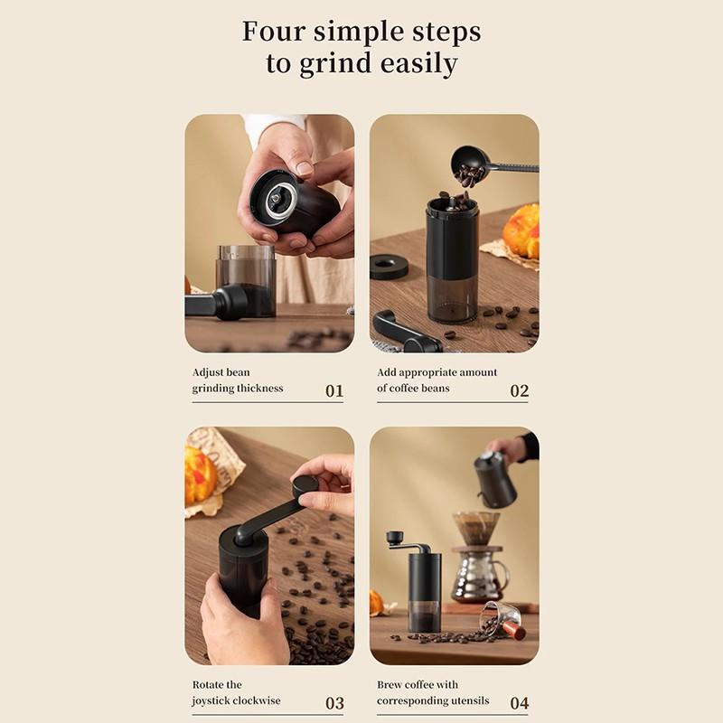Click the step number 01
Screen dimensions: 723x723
(x=334, y=391)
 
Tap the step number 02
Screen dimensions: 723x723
(x=519, y=391)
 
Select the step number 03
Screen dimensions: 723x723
(x=334, y=703)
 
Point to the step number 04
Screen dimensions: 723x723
(x=519, y=703)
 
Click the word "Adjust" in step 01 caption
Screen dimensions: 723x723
(x=209, y=372)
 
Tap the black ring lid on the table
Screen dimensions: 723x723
(x=389, y=267)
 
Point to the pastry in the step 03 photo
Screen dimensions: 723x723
(x=201, y=476)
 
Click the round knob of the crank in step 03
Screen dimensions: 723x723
(x=305, y=485)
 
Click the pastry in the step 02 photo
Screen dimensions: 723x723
(x=522, y=230)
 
